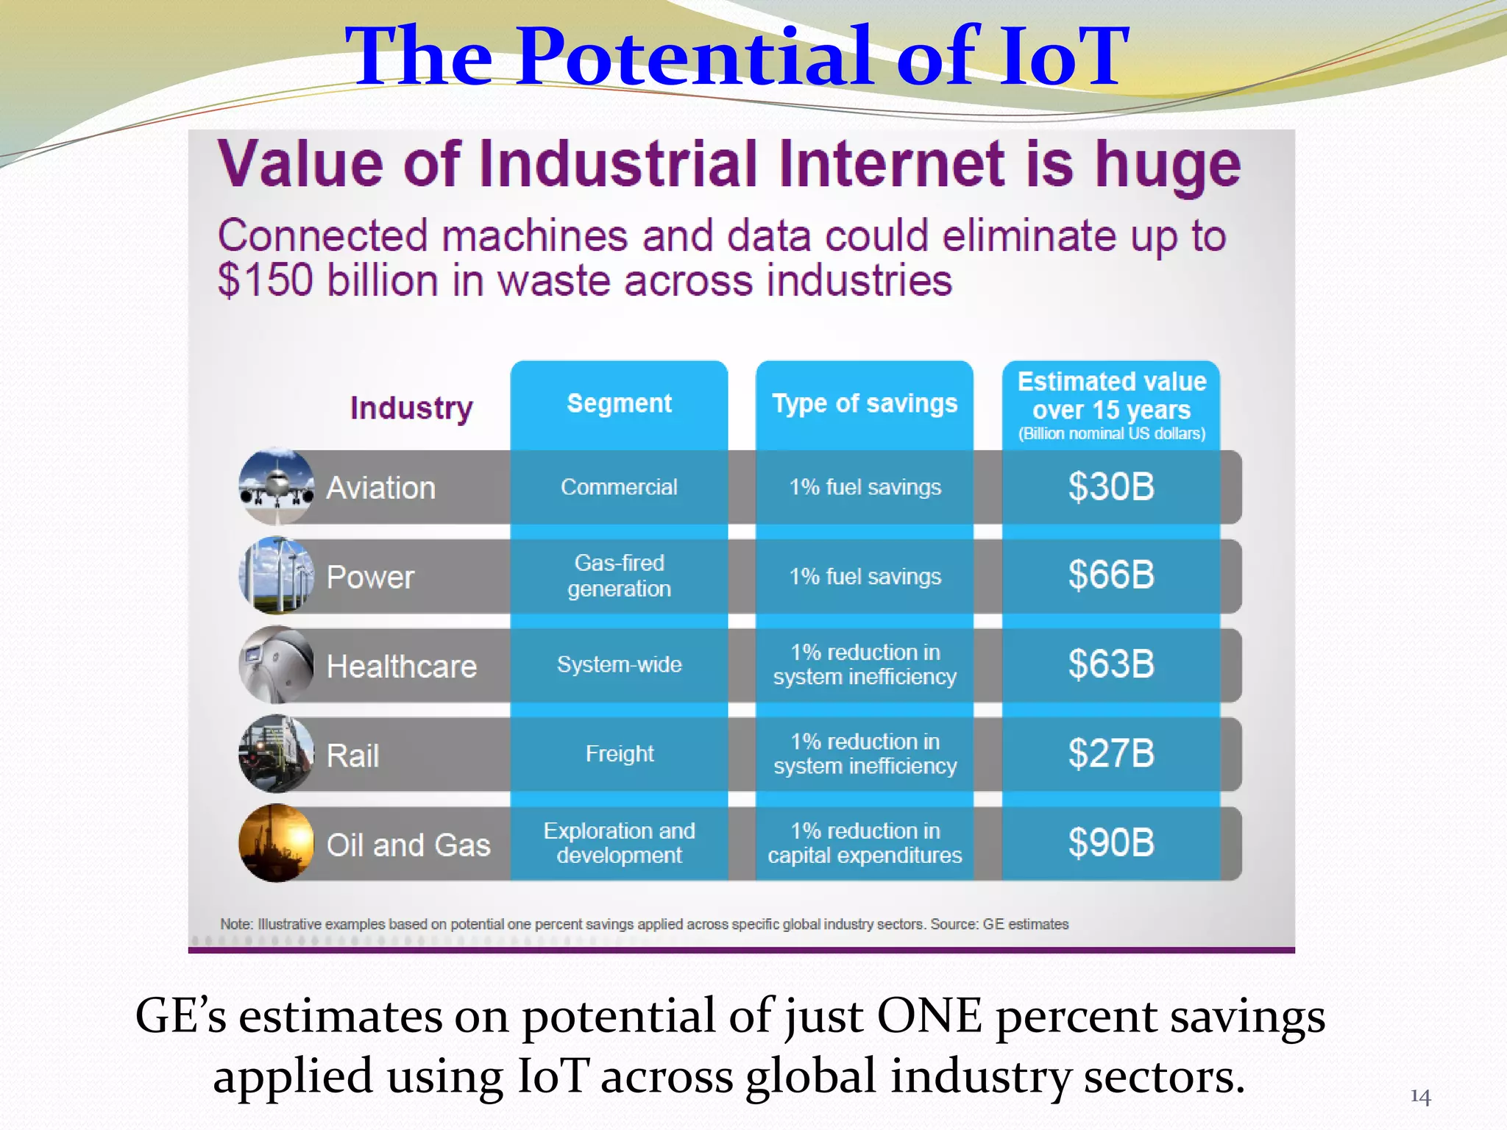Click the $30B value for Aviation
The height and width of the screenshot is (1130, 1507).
click(1110, 487)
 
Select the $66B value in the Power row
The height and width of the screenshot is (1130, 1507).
click(1110, 575)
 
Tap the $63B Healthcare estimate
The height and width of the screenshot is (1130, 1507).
click(1110, 664)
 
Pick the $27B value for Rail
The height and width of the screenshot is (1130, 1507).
click(1110, 754)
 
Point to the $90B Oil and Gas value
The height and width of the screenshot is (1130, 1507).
click(1110, 843)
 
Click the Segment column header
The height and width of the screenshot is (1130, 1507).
click(619, 403)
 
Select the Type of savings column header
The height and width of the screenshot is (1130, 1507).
click(865, 403)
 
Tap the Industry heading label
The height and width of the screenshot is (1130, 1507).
click(411, 408)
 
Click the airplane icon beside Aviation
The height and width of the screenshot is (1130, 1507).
click(277, 486)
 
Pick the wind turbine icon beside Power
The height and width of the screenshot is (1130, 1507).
click(277, 575)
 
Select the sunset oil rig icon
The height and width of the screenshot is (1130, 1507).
click(277, 843)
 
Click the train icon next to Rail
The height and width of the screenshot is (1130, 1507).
click(277, 754)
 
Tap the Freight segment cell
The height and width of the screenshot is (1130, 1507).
click(619, 754)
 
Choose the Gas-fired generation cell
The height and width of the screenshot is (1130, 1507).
click(619, 575)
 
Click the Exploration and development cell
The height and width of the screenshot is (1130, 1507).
click(619, 843)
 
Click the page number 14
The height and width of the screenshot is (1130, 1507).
click(1420, 1097)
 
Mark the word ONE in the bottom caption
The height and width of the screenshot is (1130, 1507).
click(929, 1016)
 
